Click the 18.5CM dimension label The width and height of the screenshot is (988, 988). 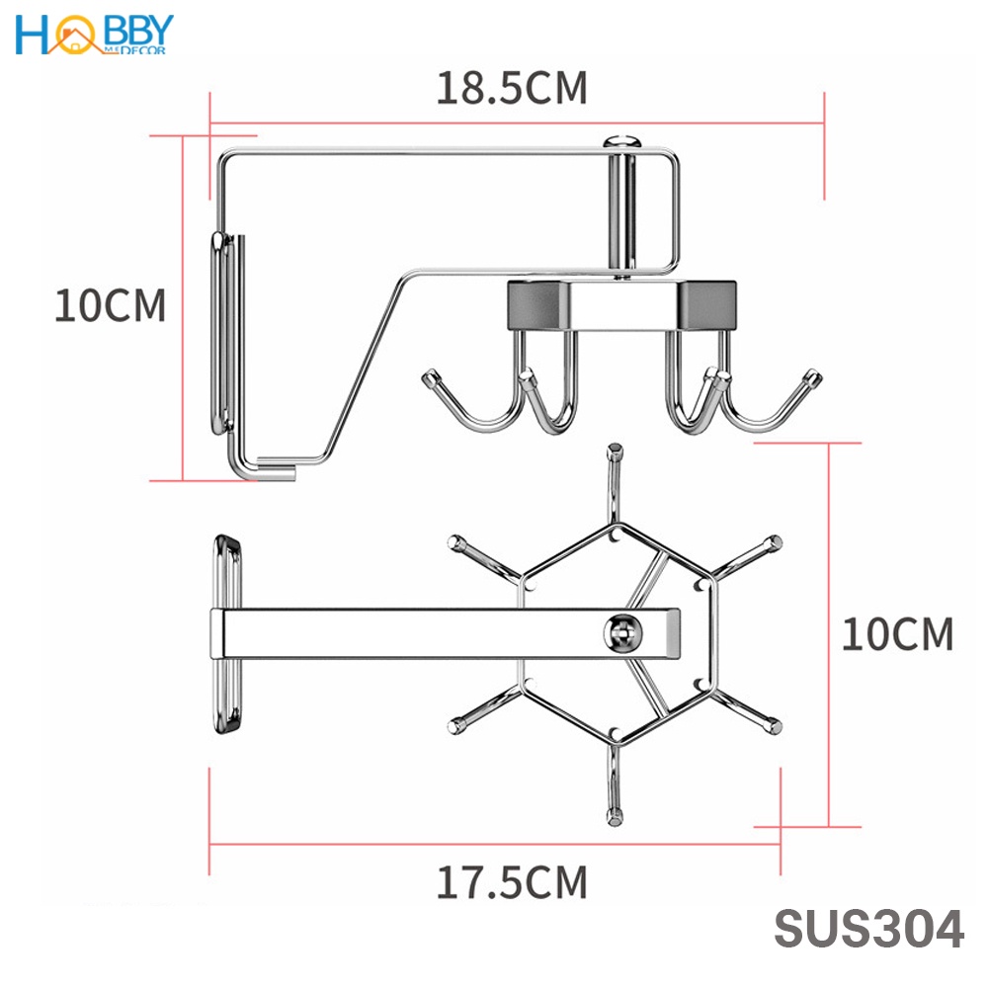tap(512, 88)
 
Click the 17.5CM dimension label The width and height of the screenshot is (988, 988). tap(512, 881)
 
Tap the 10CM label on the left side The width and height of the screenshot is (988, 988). tap(110, 306)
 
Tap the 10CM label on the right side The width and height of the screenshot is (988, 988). tap(897, 633)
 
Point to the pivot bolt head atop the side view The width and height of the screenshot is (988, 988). tap(622, 140)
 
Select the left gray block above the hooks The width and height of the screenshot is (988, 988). tap(538, 304)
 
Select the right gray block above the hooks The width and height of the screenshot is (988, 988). tap(706, 304)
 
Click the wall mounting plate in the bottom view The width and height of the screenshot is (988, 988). tap(228, 634)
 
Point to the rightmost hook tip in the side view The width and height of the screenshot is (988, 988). tap(812, 377)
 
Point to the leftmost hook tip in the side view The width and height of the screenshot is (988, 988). tap(430, 377)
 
